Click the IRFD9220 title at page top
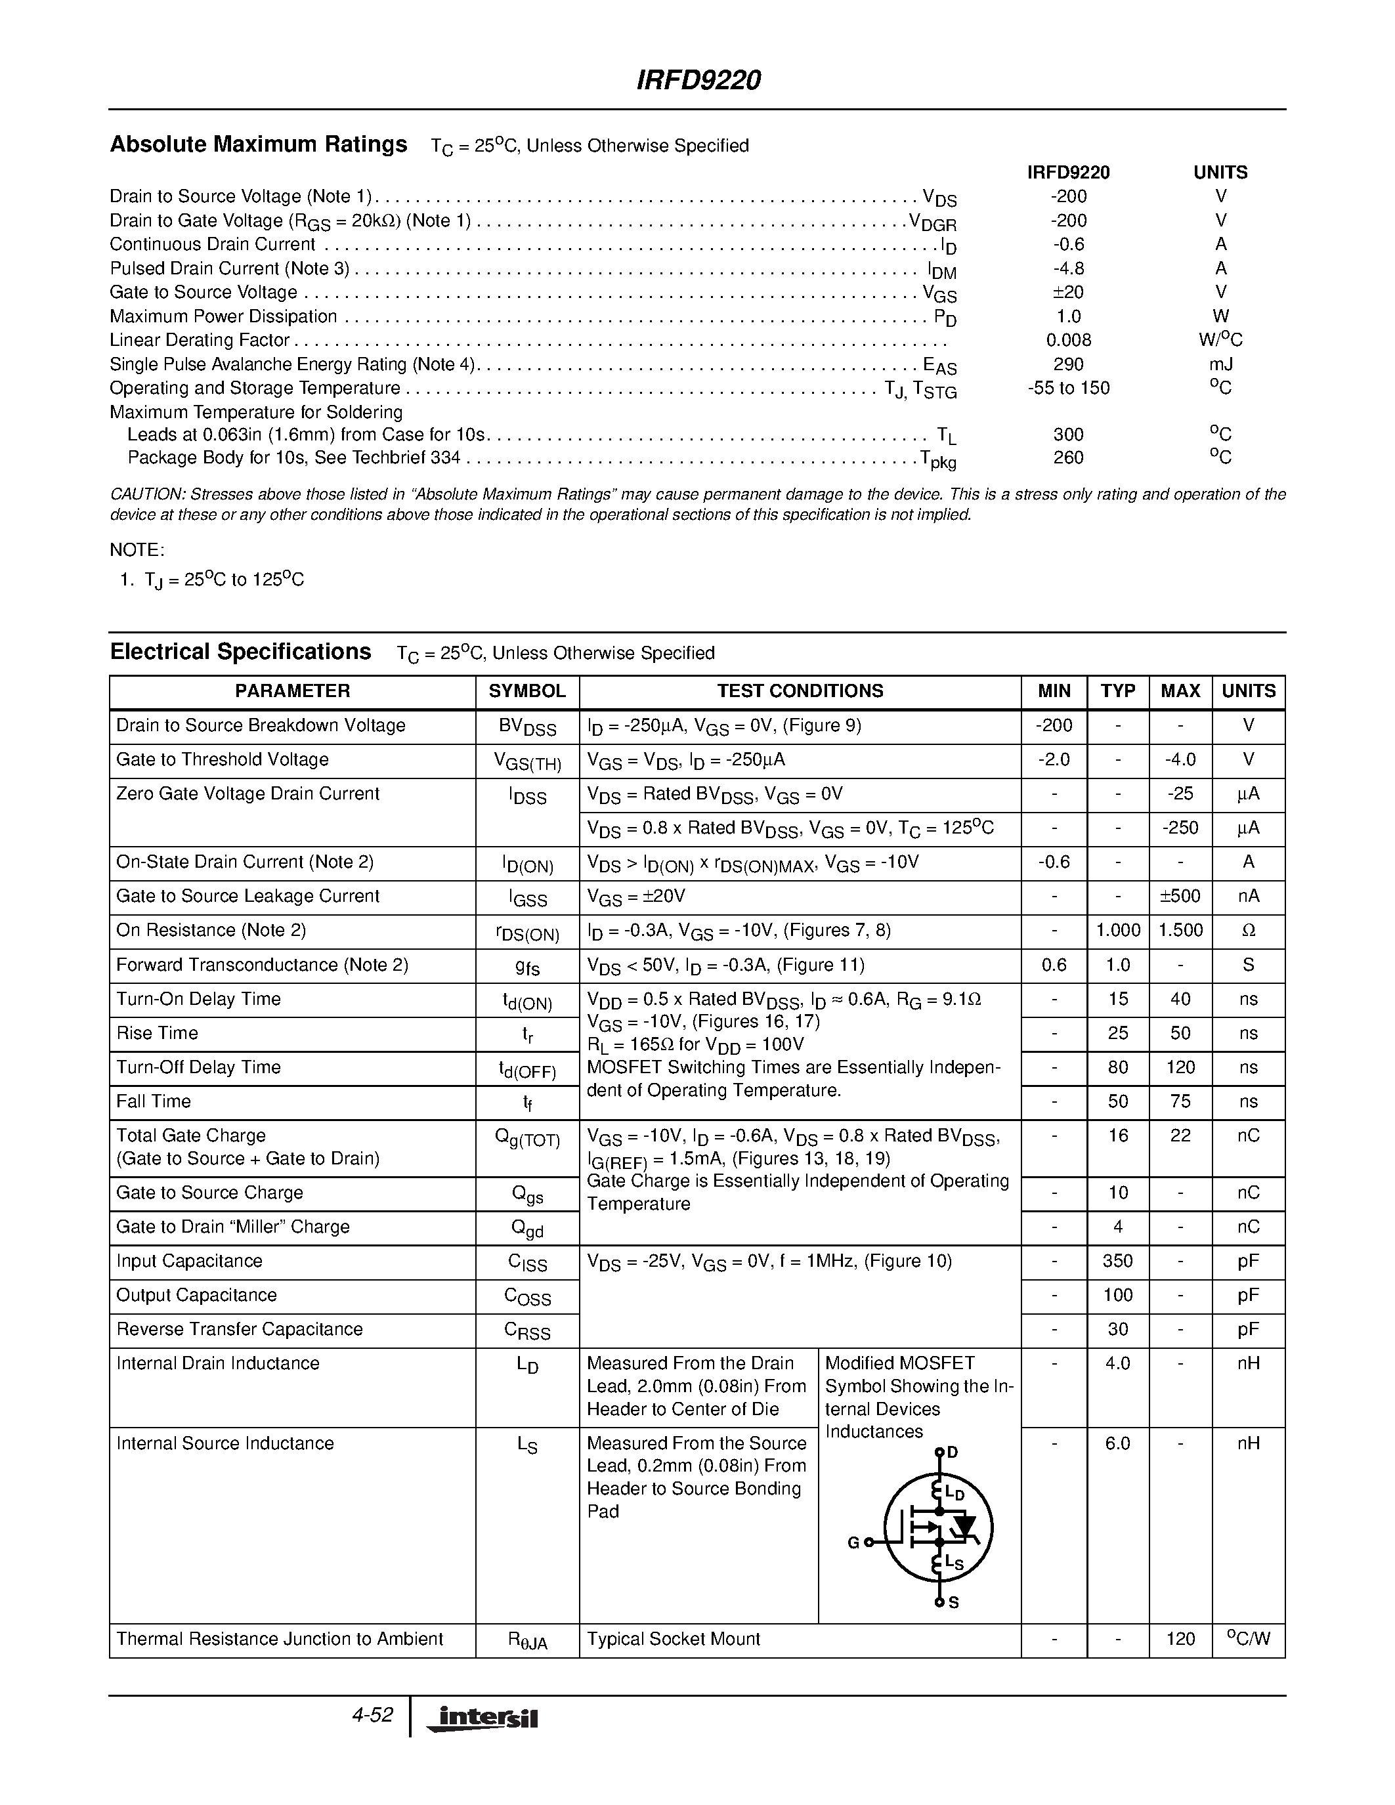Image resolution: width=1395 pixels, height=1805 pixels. (x=698, y=80)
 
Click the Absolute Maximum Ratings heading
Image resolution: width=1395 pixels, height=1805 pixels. (x=258, y=144)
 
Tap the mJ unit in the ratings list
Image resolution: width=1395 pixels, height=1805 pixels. (x=1220, y=364)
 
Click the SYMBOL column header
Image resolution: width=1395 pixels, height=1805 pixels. (x=527, y=691)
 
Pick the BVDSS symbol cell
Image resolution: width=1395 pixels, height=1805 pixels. (x=527, y=727)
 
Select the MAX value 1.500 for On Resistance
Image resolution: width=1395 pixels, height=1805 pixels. (x=1180, y=931)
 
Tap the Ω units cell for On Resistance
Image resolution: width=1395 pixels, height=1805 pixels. (x=1248, y=931)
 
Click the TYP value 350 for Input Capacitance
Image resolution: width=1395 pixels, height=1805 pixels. (x=1117, y=1261)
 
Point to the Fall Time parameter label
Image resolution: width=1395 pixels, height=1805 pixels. (x=154, y=1101)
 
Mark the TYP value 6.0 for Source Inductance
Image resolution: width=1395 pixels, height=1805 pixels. (x=1117, y=1443)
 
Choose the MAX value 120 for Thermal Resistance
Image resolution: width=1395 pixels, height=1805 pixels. (x=1180, y=1639)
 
